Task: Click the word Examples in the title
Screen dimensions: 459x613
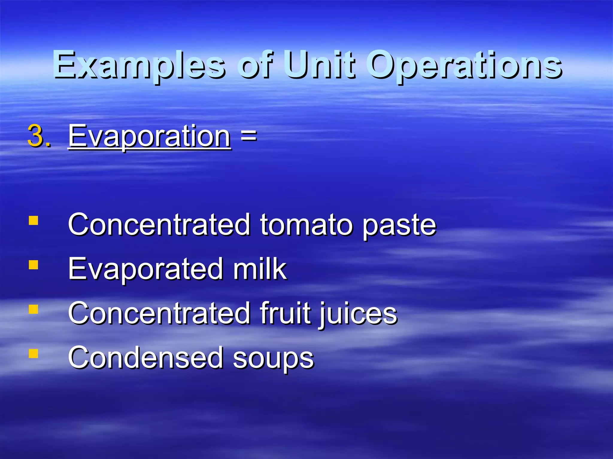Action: [139, 65]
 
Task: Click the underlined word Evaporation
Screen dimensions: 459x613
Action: [149, 136]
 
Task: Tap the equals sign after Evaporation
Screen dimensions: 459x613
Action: [248, 136]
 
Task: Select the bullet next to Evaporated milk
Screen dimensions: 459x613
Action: [34, 265]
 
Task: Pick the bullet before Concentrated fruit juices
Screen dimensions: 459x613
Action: [34, 309]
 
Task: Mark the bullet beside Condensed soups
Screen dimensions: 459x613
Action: [34, 353]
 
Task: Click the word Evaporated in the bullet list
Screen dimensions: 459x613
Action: [145, 269]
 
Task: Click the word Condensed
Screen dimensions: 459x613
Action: [145, 357]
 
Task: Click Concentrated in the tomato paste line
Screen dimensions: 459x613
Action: [159, 225]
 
